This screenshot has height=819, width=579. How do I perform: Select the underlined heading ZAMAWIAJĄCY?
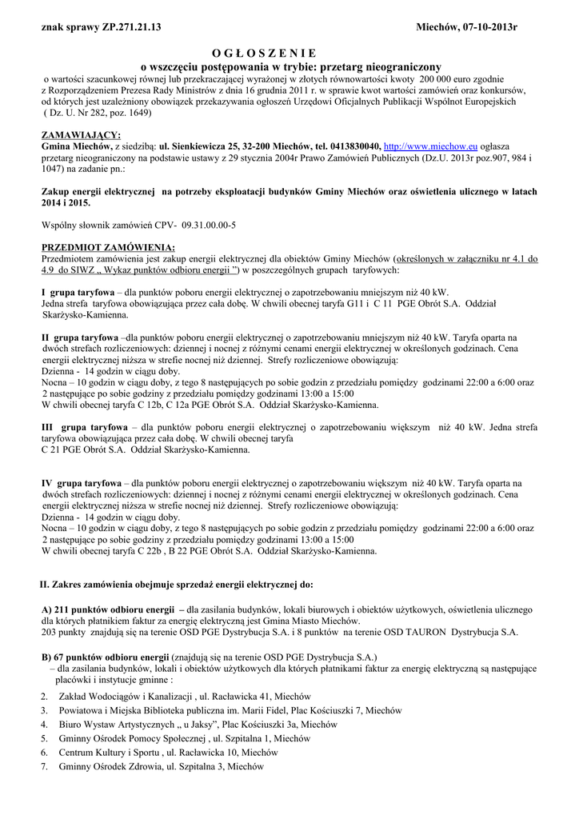pyautogui.click(x=81, y=135)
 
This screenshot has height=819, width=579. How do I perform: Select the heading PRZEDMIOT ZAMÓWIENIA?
pyautogui.click(x=107, y=247)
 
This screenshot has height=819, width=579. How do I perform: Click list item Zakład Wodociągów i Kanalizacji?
pyautogui.click(x=124, y=696)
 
